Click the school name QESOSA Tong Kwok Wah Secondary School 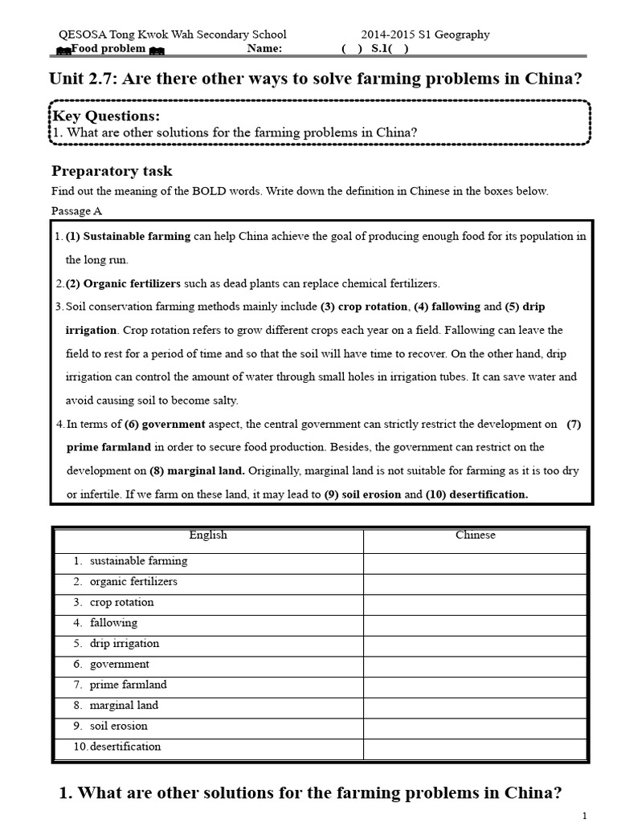pos(173,35)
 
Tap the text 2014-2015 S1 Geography pos(425,35)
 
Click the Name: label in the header pos(264,48)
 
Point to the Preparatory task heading pos(112,171)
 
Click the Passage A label pos(76,211)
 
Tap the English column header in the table pos(208,535)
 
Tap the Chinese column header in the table pos(476,535)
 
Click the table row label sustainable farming pos(138,561)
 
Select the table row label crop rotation pos(121,602)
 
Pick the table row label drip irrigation pos(125,643)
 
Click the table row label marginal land pos(124,705)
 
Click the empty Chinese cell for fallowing pos(476,623)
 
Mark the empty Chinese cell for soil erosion pos(476,726)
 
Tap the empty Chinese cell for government pos(476,664)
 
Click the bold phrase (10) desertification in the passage pos(476,494)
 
